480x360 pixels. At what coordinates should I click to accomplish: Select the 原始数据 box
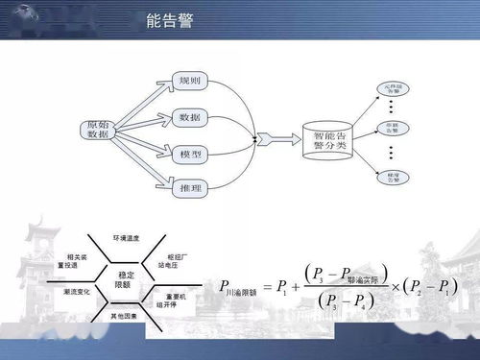(x=98, y=131)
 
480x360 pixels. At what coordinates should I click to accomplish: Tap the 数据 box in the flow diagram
(x=189, y=117)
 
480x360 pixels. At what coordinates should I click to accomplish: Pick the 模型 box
(x=189, y=154)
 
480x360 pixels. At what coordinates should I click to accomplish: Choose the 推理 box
(x=189, y=189)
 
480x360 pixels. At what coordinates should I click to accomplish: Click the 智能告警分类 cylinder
(x=325, y=143)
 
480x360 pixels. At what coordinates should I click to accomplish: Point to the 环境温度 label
(x=128, y=236)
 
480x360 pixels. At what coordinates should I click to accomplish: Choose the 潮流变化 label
(x=76, y=291)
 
